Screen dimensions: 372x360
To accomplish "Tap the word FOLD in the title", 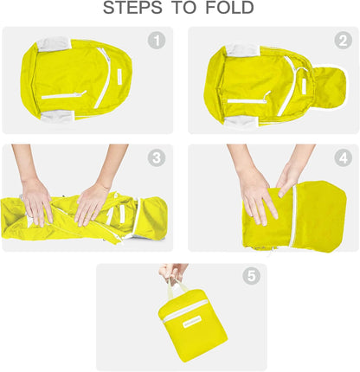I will (x=224, y=9).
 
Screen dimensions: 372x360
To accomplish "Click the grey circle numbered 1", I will (x=156, y=41).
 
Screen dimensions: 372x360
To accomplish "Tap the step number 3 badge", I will (x=156, y=157).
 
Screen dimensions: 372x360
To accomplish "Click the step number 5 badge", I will (x=251, y=277).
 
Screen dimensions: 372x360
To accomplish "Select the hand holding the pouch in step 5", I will (x=174, y=273).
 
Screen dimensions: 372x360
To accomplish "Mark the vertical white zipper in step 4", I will (x=294, y=216).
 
